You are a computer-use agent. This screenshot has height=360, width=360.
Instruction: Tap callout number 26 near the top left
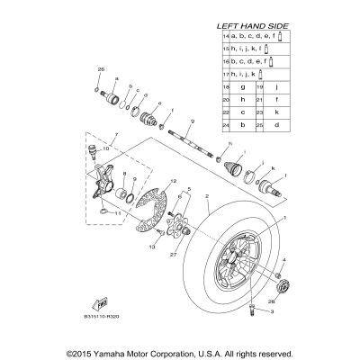[x=101, y=69]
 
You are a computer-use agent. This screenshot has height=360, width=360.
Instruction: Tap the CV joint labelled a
[x=115, y=94]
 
